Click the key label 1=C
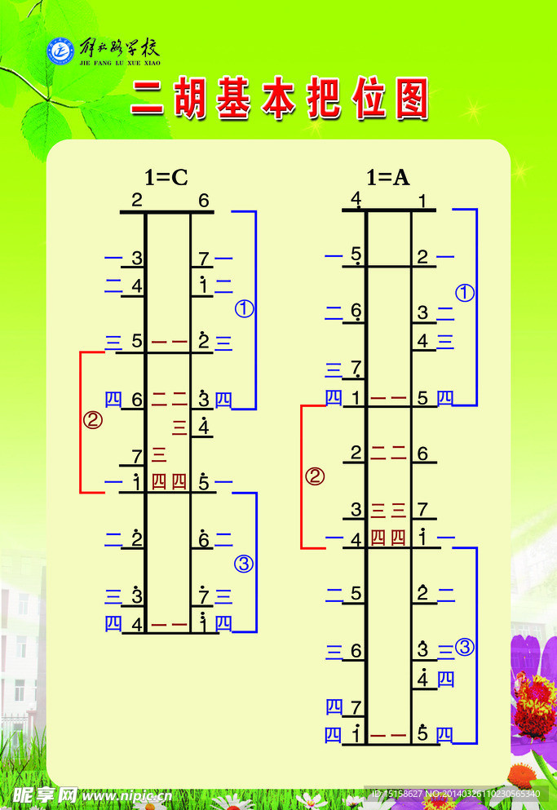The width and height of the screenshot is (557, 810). click(166, 177)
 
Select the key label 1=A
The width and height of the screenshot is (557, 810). click(387, 177)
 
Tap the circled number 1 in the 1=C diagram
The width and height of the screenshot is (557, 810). click(244, 308)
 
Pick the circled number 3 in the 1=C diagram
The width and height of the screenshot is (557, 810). click(244, 562)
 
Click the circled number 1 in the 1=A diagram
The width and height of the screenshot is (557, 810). click(464, 294)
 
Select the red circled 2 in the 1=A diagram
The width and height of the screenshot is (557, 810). click(315, 476)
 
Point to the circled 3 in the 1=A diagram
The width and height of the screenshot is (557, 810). click(464, 648)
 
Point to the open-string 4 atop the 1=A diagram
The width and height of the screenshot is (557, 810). click(356, 199)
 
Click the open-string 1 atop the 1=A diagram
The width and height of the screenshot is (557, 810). click(422, 200)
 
